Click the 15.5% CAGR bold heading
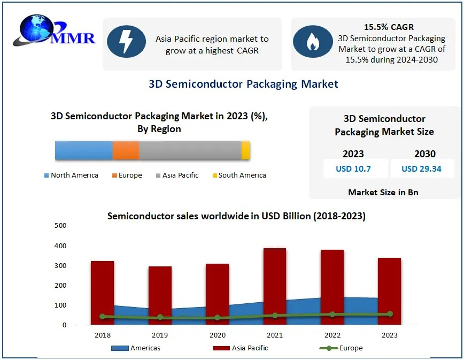[x=389, y=27]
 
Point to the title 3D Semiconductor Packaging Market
[x=243, y=84]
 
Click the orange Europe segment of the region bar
[x=126, y=151]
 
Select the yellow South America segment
[x=246, y=151]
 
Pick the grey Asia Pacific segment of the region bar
[x=190, y=151]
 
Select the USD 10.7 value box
[x=353, y=169]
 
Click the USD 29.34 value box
[x=421, y=169]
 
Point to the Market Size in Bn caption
[x=383, y=192]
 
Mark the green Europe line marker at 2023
[x=390, y=314]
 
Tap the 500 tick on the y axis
[x=60, y=226]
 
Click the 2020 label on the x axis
[x=217, y=335]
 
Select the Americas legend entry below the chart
[x=136, y=348]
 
